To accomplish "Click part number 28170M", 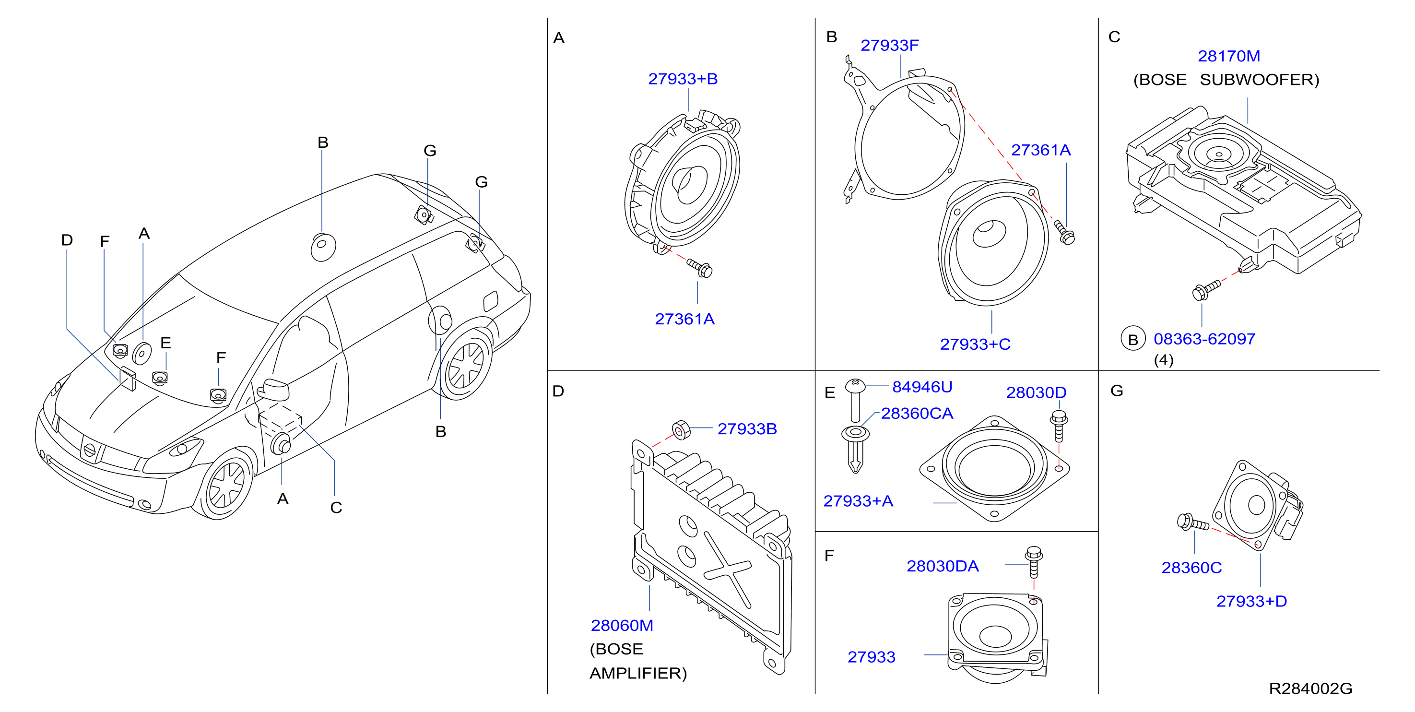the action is (x=1229, y=56).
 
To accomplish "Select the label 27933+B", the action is (x=683, y=79).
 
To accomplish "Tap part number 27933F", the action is (x=889, y=46).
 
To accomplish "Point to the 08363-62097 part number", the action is (x=1204, y=339).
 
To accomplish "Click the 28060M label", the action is (x=622, y=625).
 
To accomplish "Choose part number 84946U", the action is (x=922, y=387).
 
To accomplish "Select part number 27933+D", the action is (x=1251, y=601).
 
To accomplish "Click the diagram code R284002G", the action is (x=1310, y=688).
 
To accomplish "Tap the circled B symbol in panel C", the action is (x=1132, y=340).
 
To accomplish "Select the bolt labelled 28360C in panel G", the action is (x=1192, y=522).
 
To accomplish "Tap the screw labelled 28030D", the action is (x=1059, y=426).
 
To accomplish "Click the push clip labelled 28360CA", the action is (x=855, y=449).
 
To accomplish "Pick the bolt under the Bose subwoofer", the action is (x=1206, y=290).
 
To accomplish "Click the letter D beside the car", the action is (x=67, y=240).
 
